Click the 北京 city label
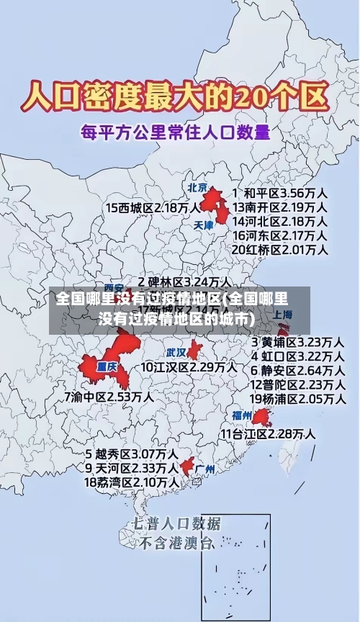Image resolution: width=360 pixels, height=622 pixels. tap(197, 188)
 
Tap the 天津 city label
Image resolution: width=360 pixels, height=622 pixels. tap(204, 225)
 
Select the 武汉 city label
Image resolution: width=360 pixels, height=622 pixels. tap(176, 353)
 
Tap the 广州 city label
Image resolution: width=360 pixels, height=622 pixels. tap(205, 469)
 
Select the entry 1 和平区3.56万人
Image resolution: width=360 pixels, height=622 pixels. tap(281, 193)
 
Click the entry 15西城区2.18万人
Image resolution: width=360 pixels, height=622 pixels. tap(153, 207)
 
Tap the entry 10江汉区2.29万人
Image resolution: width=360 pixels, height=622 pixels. tap(189, 367)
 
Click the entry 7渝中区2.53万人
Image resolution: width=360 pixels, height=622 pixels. tap(108, 396)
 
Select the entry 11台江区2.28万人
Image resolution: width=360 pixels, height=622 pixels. tap(267, 433)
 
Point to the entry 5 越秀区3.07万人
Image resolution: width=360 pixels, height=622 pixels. tap(132, 454)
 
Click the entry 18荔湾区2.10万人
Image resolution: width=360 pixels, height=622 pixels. tap(132, 482)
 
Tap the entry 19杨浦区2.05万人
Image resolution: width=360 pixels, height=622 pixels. tap(297, 398)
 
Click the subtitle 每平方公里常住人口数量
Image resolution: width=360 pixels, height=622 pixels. tap(176, 132)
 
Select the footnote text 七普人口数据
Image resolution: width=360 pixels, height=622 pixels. tap(177, 523)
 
